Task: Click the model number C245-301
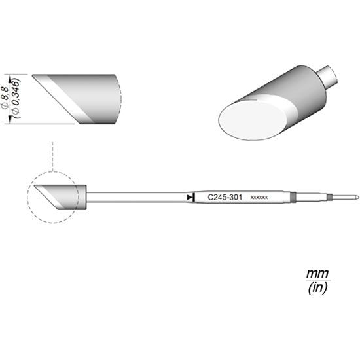[x=223, y=196]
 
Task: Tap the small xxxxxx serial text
[x=259, y=197]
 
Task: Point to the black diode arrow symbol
[x=189, y=196]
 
